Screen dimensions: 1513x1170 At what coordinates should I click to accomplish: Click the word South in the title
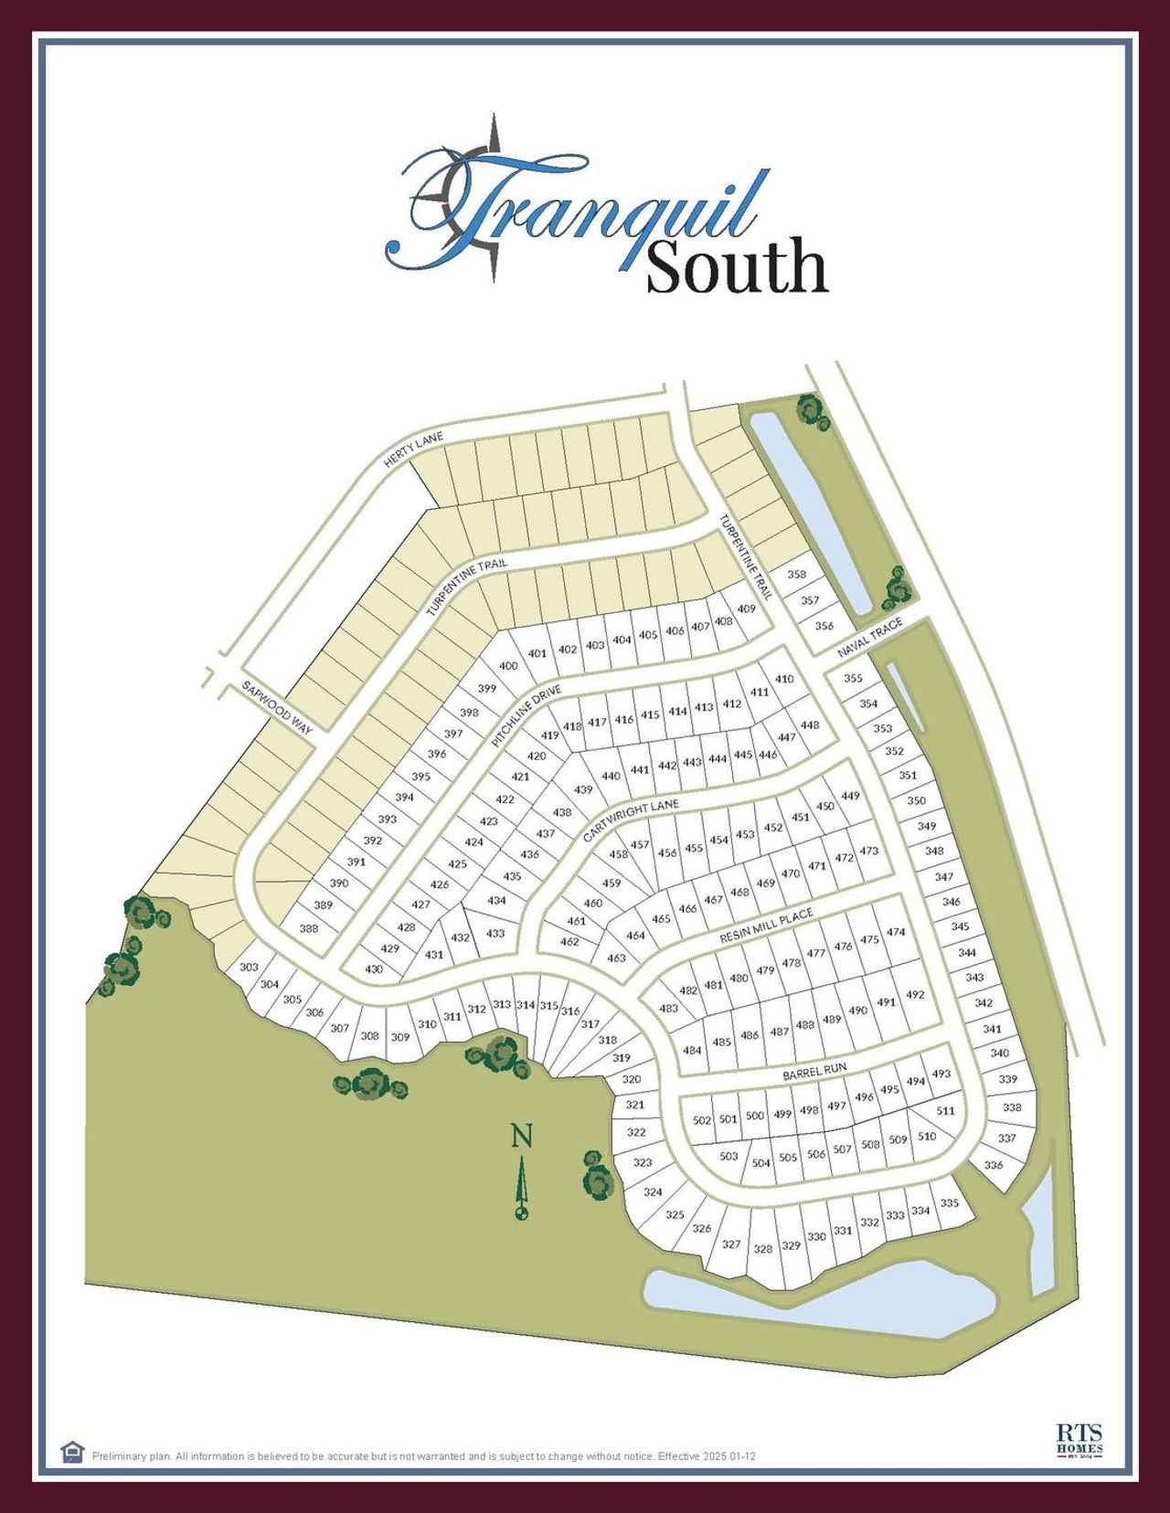point(736,267)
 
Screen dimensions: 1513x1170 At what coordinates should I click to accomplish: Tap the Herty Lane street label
point(413,450)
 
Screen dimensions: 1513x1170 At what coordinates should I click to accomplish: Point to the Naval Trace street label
point(871,637)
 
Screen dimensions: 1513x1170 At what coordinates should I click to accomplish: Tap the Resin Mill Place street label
point(766,926)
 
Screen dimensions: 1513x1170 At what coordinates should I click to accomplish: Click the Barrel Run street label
point(814,1072)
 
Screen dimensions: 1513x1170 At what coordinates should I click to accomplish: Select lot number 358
point(797,575)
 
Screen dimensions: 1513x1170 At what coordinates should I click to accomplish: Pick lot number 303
point(249,967)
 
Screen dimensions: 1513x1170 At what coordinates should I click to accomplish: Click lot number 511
point(945,1111)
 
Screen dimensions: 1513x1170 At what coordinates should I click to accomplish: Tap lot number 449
point(850,796)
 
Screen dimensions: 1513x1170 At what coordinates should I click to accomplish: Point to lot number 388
point(309,928)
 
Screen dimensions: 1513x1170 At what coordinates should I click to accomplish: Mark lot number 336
point(993,1165)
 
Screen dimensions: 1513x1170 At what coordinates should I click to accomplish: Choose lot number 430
point(374,969)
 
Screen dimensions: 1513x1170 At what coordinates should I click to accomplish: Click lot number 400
point(508,666)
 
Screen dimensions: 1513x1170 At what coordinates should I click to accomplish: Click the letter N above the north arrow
point(521,1137)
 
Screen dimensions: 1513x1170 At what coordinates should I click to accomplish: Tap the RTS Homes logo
point(1080,1439)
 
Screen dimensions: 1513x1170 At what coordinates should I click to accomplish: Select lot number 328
point(762,1249)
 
